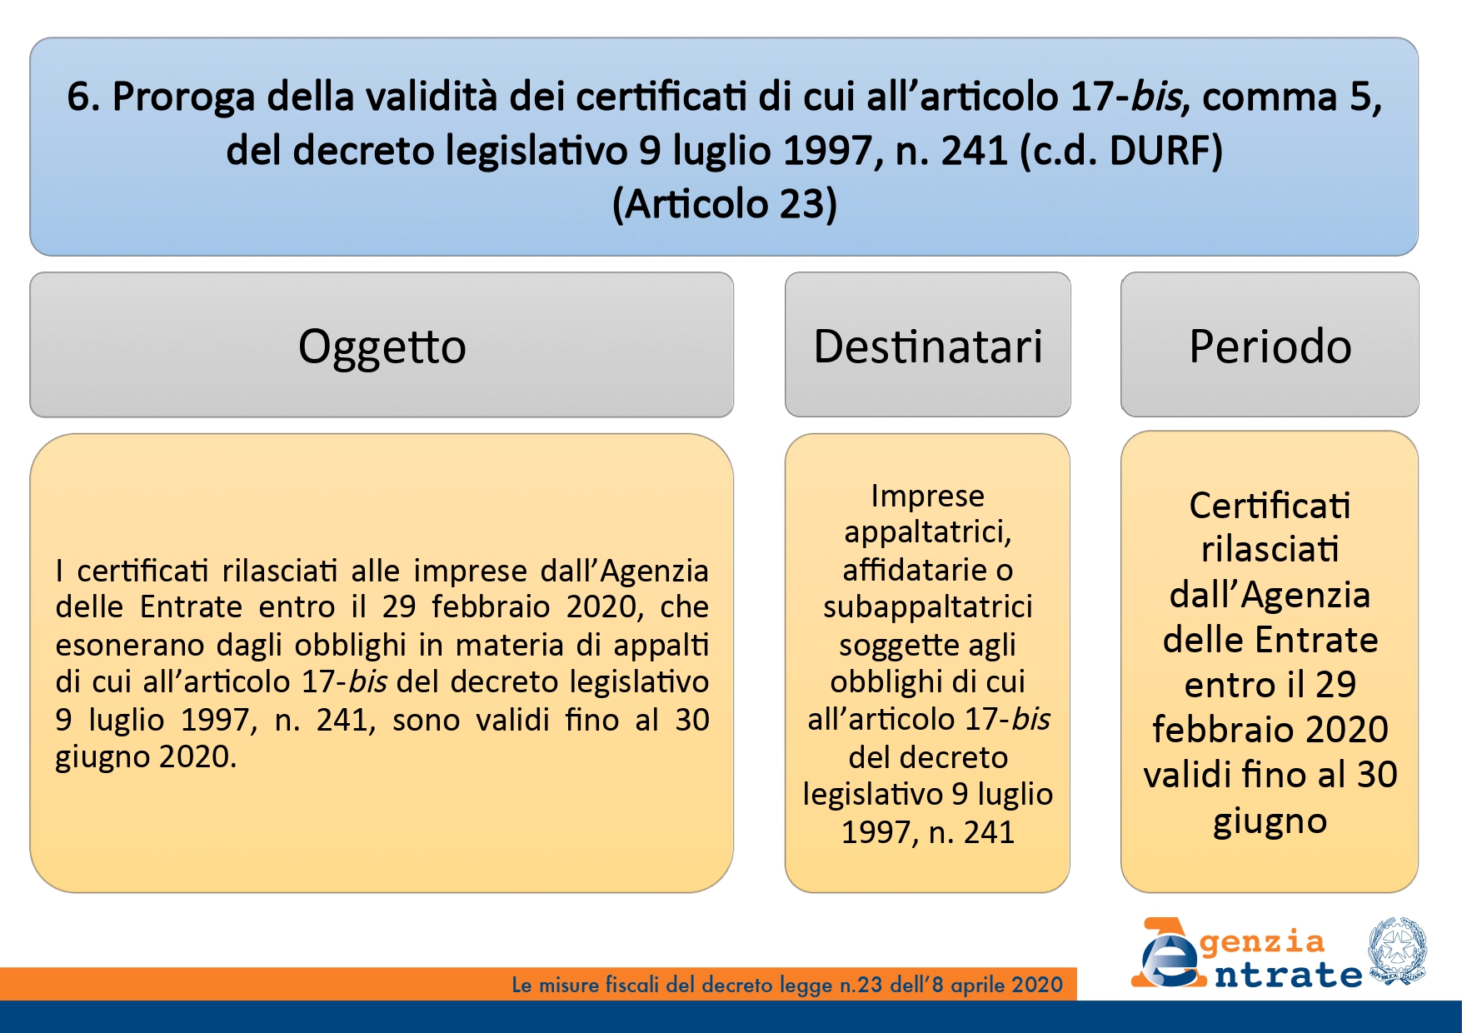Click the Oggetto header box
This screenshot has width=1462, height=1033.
click(382, 344)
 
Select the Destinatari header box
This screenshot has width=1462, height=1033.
click(927, 344)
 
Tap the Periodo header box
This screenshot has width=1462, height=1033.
click(1270, 344)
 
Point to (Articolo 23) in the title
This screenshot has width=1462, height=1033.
click(725, 204)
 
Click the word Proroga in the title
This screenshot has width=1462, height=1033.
click(184, 97)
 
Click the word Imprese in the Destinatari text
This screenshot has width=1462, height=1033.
click(927, 496)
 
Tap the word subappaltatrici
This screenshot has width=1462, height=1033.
click(927, 607)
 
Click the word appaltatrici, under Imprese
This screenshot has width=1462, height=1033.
click(927, 532)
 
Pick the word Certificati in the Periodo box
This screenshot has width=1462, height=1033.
click(1270, 506)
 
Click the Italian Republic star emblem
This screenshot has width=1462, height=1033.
click(1396, 951)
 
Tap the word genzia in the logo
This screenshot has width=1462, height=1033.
click(1262, 942)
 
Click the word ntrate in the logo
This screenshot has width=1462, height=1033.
click(1288, 974)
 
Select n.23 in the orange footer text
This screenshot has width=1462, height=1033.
click(861, 986)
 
